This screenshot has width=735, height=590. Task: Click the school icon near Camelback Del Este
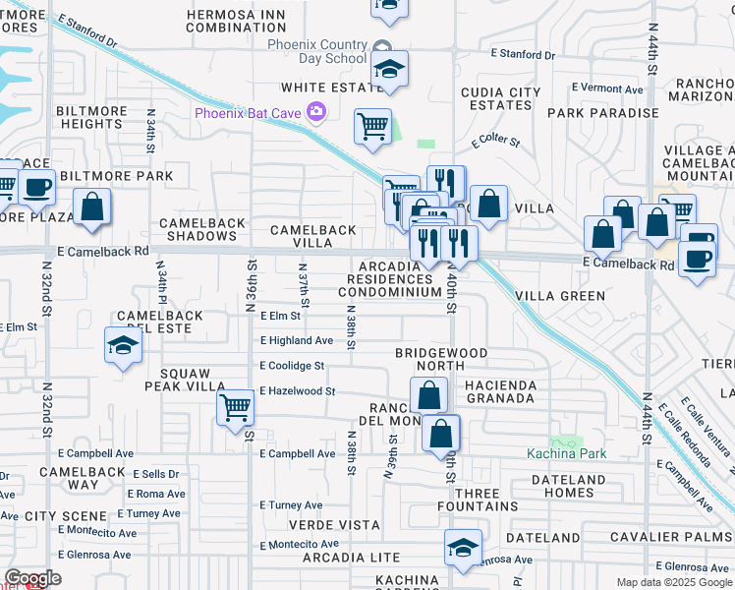click(x=122, y=345)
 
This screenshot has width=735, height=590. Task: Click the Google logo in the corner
click(x=32, y=578)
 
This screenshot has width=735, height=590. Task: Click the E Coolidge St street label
click(x=292, y=366)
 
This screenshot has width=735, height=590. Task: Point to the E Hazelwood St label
click(x=298, y=391)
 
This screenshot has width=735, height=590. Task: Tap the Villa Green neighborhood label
click(x=560, y=295)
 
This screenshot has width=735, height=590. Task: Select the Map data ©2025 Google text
click(x=673, y=582)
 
